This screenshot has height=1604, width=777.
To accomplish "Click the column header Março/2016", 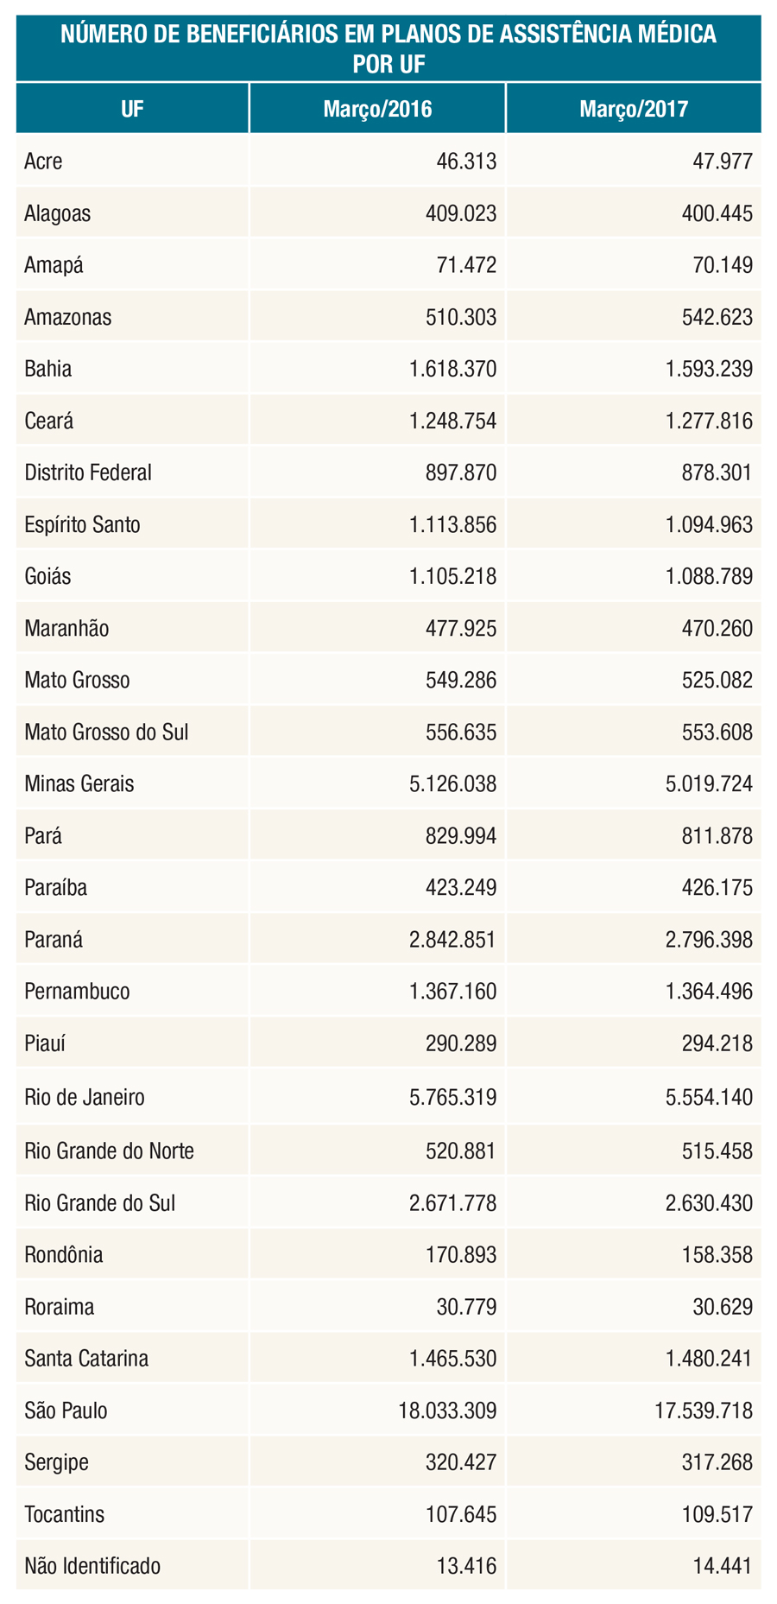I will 377,110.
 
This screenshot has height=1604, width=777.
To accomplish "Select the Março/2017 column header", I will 634,110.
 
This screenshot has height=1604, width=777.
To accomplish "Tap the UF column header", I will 132,110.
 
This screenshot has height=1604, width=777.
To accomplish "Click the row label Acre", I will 44,162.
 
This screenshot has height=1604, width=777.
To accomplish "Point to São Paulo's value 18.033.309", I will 447,1411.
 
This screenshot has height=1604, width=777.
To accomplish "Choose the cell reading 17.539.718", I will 703,1411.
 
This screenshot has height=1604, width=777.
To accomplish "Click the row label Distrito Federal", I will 88,472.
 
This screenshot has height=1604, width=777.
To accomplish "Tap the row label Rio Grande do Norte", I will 110,1151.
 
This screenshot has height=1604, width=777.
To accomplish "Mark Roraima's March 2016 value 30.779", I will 467,1307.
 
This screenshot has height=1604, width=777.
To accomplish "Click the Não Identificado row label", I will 92,1566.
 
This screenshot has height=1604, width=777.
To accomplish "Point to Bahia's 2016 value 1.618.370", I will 452,370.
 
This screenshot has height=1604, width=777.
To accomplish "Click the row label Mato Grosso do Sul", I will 106,732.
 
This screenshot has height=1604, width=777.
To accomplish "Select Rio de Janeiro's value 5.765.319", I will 452,1098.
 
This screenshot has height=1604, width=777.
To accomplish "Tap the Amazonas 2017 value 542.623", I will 717,318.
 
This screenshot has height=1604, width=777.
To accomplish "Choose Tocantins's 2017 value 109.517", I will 717,1515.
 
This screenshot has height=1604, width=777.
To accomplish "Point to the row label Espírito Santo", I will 83,525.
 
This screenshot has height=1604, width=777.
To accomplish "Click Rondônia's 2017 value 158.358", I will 717,1255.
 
